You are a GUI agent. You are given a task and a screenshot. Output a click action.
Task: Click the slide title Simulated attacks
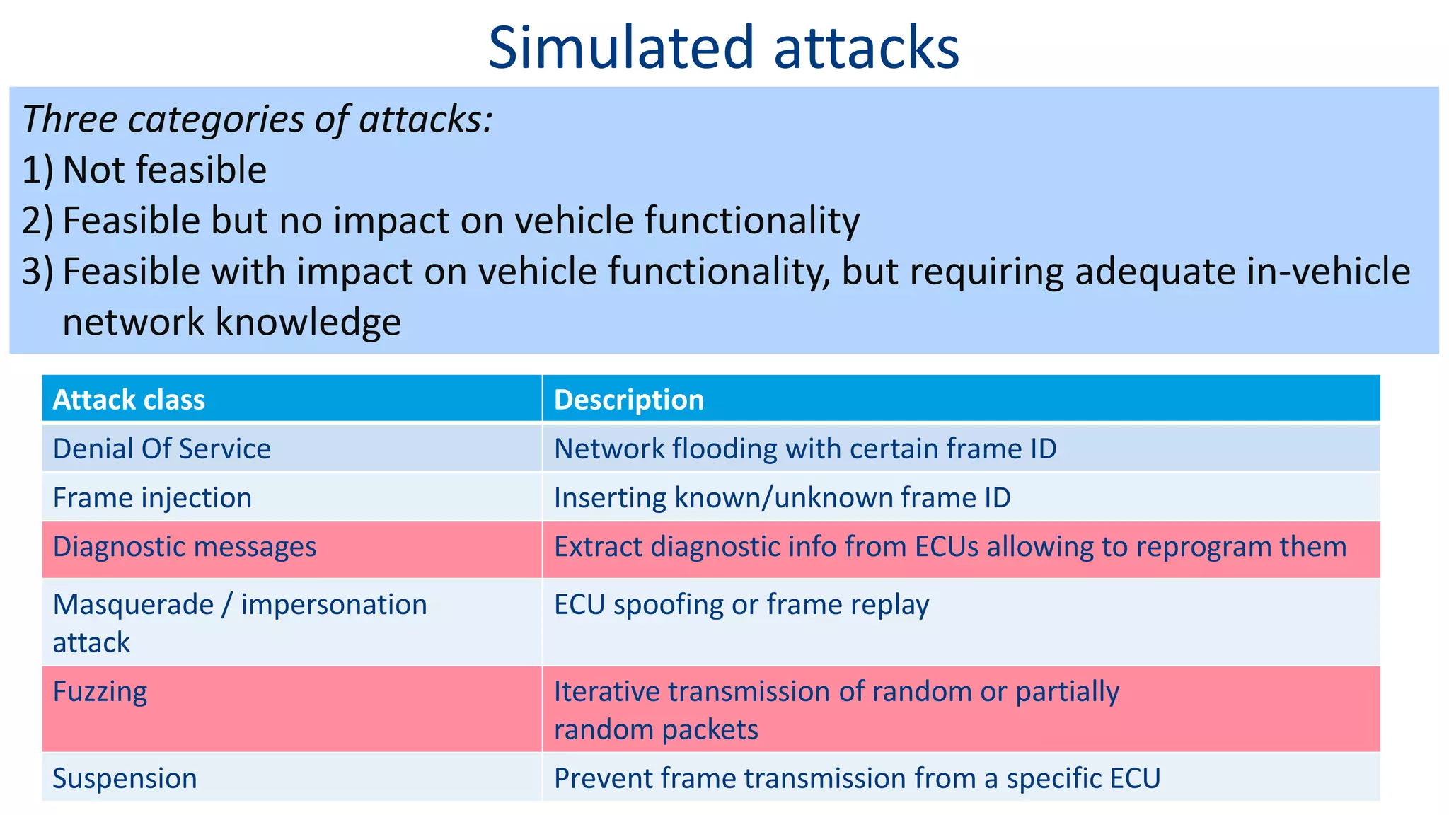(x=723, y=47)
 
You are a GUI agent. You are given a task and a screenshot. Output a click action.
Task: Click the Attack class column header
(x=129, y=400)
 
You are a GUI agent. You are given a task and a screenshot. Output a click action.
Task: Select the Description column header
(x=629, y=400)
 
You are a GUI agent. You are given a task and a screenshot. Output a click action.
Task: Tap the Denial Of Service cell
(x=161, y=449)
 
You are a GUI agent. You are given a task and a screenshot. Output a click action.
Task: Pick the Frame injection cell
(x=152, y=497)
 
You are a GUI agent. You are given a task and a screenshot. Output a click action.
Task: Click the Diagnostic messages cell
(x=184, y=547)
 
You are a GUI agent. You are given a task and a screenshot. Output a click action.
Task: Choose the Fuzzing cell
(x=100, y=691)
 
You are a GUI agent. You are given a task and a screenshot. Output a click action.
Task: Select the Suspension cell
(x=125, y=778)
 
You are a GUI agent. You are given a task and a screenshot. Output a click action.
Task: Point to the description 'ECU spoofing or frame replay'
(x=741, y=605)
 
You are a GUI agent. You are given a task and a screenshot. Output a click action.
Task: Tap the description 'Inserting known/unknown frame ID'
(x=782, y=497)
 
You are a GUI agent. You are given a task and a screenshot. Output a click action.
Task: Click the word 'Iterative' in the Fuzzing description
(x=605, y=691)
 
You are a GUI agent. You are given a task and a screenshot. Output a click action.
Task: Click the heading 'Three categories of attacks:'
(x=257, y=119)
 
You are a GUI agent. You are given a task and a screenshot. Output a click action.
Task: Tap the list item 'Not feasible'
(x=164, y=170)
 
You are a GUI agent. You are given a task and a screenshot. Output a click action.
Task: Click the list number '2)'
(x=37, y=221)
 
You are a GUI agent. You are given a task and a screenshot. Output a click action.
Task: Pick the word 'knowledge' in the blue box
(x=307, y=322)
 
